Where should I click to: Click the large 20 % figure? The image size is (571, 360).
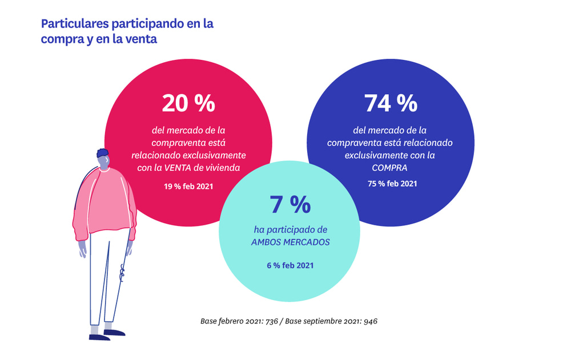pos(188,103)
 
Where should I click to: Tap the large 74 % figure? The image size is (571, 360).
pos(391,103)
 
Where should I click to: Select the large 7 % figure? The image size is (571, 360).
pos(290,205)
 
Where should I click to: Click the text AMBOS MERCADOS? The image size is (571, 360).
pos(291,241)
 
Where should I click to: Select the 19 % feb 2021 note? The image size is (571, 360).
pos(188,186)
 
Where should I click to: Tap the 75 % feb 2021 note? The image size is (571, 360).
pos(392,184)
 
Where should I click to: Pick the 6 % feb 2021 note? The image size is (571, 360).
pos(290,265)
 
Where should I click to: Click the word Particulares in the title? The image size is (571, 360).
pos(75,24)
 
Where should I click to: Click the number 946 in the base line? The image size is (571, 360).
pos(370,321)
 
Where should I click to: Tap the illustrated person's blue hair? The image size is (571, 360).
pos(103,154)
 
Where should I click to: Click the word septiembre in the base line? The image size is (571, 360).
pos(323,321)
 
